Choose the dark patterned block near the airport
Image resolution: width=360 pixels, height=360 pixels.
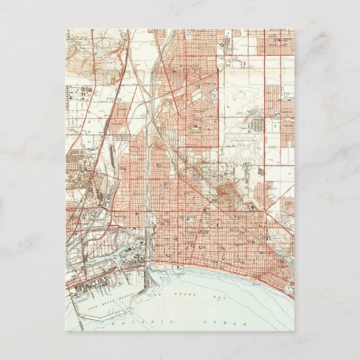pyautogui.click(x=257, y=126)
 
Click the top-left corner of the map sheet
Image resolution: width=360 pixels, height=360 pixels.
pyautogui.click(x=67, y=29)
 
